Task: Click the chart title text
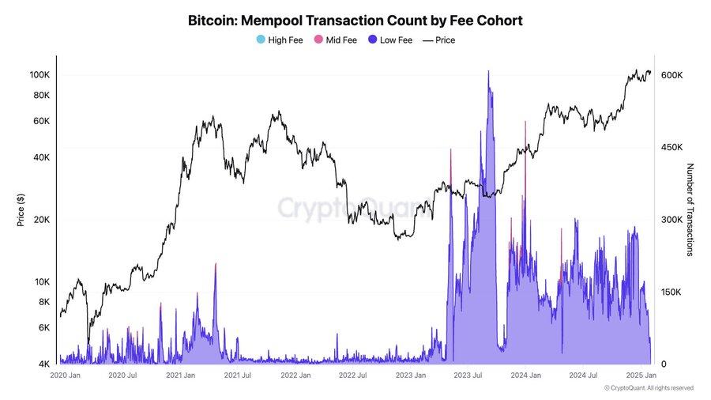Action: coord(355,19)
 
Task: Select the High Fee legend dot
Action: coord(261,40)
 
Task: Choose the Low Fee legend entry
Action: coord(389,40)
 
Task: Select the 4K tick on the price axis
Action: coord(45,364)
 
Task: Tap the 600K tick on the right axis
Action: coord(671,75)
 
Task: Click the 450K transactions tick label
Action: coord(671,148)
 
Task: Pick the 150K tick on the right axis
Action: coord(671,292)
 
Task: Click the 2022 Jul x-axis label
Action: coord(356,375)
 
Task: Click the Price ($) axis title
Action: coord(21,209)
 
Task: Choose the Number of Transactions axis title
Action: coord(690,209)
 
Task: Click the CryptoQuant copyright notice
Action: coord(648,388)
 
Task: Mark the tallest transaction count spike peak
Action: coord(488,71)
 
